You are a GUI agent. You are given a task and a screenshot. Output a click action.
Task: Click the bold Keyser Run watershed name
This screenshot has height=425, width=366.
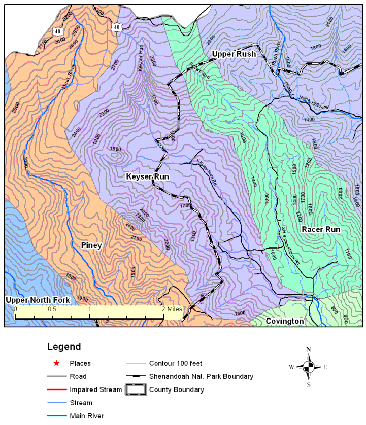(x=147, y=176)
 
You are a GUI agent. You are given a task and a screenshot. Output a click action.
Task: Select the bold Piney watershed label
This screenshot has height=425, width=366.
(x=91, y=245)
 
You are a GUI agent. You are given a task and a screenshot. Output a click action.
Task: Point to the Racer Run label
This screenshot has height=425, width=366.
(x=321, y=230)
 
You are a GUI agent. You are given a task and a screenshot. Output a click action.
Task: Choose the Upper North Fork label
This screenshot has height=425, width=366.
(x=37, y=300)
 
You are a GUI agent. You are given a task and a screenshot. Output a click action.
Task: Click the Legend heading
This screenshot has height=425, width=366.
(x=63, y=347)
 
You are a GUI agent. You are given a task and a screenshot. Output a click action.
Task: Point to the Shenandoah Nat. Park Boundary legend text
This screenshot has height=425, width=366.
(x=201, y=376)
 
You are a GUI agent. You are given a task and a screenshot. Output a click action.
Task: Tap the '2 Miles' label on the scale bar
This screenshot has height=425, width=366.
(x=170, y=309)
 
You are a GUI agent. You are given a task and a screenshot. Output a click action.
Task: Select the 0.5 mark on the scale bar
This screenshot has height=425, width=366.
(x=52, y=309)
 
